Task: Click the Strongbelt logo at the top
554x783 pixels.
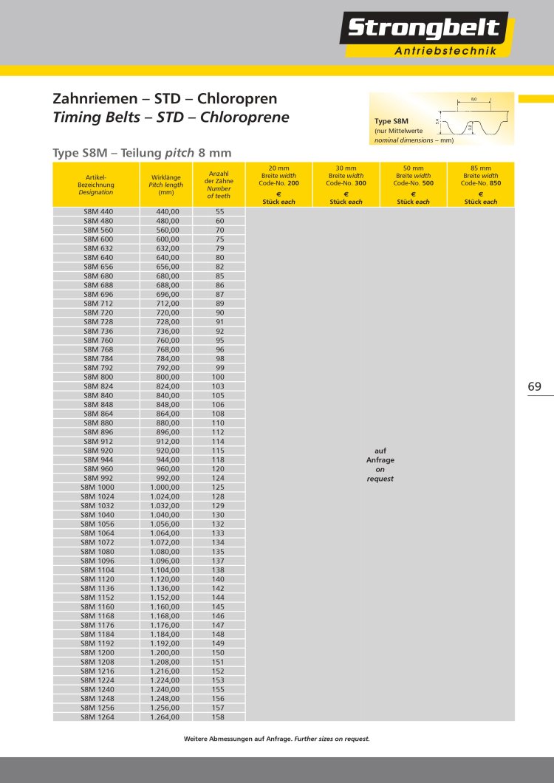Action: coord(424,30)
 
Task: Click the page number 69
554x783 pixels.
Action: coord(535,386)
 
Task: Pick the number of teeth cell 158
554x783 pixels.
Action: coord(218,717)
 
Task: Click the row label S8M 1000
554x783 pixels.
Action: coord(97,488)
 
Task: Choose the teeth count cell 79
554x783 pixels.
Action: coord(219,249)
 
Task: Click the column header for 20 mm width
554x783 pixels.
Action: coord(278,185)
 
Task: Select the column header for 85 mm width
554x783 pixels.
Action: coord(481,185)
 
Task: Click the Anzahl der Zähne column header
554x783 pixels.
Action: coord(219,185)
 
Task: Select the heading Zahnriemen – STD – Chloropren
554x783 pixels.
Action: coord(165,98)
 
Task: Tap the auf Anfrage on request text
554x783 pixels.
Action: coord(380,465)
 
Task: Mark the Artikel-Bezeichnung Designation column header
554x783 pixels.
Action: coord(96,185)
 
